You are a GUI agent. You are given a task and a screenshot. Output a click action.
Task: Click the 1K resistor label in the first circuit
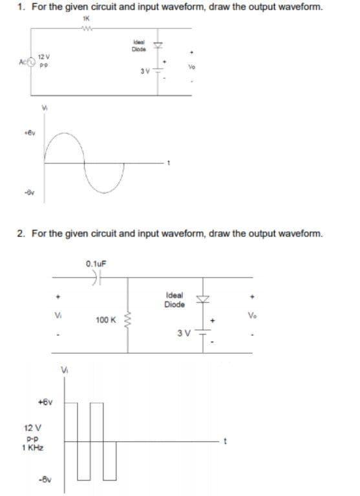pyautogui.click(x=85, y=19)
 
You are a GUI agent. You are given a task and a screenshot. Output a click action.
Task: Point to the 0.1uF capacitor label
pyautogui.click(x=95, y=263)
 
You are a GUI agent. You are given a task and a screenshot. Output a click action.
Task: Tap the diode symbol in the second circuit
pyautogui.click(x=207, y=298)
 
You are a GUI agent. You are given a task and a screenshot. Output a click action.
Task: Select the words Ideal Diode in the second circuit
pyautogui.click(x=175, y=299)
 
